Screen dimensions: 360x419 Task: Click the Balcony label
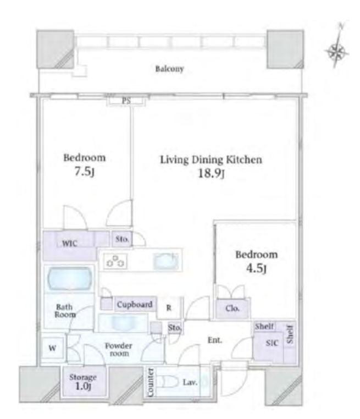pyautogui.click(x=169, y=69)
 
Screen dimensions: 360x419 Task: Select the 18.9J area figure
pyautogui.click(x=211, y=173)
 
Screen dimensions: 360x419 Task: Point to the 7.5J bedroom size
pyautogui.click(x=84, y=172)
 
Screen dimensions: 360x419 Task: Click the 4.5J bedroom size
pyautogui.click(x=256, y=268)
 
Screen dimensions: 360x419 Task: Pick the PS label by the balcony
pyautogui.click(x=126, y=101)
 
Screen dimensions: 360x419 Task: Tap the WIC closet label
pyautogui.click(x=69, y=244)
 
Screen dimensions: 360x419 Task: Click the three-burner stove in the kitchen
pyautogui.click(x=115, y=261)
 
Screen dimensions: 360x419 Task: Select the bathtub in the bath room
pyautogui.click(x=70, y=278)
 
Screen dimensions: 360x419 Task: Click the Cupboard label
pyautogui.click(x=135, y=305)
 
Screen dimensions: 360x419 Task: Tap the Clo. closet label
pyautogui.click(x=232, y=308)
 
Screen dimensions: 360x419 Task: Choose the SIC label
pyautogui.click(x=272, y=343)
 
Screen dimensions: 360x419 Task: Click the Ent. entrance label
pyautogui.click(x=215, y=340)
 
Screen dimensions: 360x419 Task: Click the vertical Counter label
pyautogui.click(x=151, y=382)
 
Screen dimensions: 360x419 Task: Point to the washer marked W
pyautogui.click(x=53, y=348)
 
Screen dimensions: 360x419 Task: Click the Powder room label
pyautogui.click(x=119, y=350)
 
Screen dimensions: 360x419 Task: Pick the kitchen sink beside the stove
pyautogui.click(x=165, y=261)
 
